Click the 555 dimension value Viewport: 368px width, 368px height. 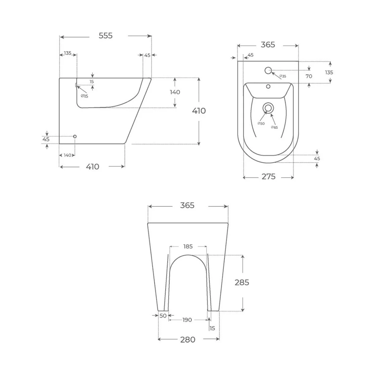point(105,36)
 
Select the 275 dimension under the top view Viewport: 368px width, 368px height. point(268,177)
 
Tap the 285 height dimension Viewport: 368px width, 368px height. point(242,282)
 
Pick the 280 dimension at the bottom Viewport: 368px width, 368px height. point(188,340)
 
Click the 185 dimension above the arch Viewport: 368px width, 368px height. point(188,246)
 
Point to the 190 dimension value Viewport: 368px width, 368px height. point(187,320)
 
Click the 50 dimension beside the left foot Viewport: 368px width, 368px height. point(163,316)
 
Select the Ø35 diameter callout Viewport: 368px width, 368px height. point(283,76)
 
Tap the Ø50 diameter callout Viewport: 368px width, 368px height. point(261,124)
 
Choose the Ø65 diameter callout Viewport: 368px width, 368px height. point(274,127)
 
